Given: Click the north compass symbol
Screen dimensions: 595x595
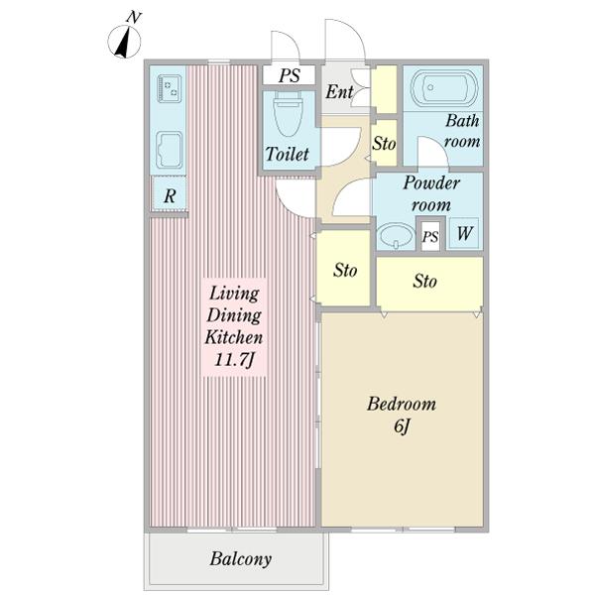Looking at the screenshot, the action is (125, 41).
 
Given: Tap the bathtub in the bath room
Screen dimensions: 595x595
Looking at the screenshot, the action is (443, 88).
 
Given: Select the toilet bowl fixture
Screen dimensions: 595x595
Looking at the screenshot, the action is (289, 113).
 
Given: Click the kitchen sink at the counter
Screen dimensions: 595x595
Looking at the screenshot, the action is (169, 150).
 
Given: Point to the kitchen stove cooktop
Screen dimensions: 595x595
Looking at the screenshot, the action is (169, 89).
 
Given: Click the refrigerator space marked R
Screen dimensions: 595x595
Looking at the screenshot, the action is (170, 195).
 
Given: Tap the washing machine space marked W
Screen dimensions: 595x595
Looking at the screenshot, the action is (464, 233).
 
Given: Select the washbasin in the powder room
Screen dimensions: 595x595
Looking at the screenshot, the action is (396, 236).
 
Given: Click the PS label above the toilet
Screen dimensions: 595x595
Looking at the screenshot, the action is (290, 75).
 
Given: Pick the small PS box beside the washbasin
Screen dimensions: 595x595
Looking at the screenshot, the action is (430, 236).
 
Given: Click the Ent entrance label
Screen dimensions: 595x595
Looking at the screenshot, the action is (339, 91).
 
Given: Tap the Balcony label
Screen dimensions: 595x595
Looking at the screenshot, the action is (241, 558).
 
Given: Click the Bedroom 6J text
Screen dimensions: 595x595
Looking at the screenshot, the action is (402, 415).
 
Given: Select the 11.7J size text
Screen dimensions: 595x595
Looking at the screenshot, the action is (234, 359).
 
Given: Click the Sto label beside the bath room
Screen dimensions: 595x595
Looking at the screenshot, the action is (384, 144).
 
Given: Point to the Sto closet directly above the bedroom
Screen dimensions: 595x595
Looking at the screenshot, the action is (429, 284).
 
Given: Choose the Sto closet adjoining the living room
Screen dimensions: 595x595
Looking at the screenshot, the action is (343, 267).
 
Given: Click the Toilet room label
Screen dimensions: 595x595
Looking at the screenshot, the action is (287, 154).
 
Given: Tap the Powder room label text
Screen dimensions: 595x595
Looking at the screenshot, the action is (431, 194).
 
